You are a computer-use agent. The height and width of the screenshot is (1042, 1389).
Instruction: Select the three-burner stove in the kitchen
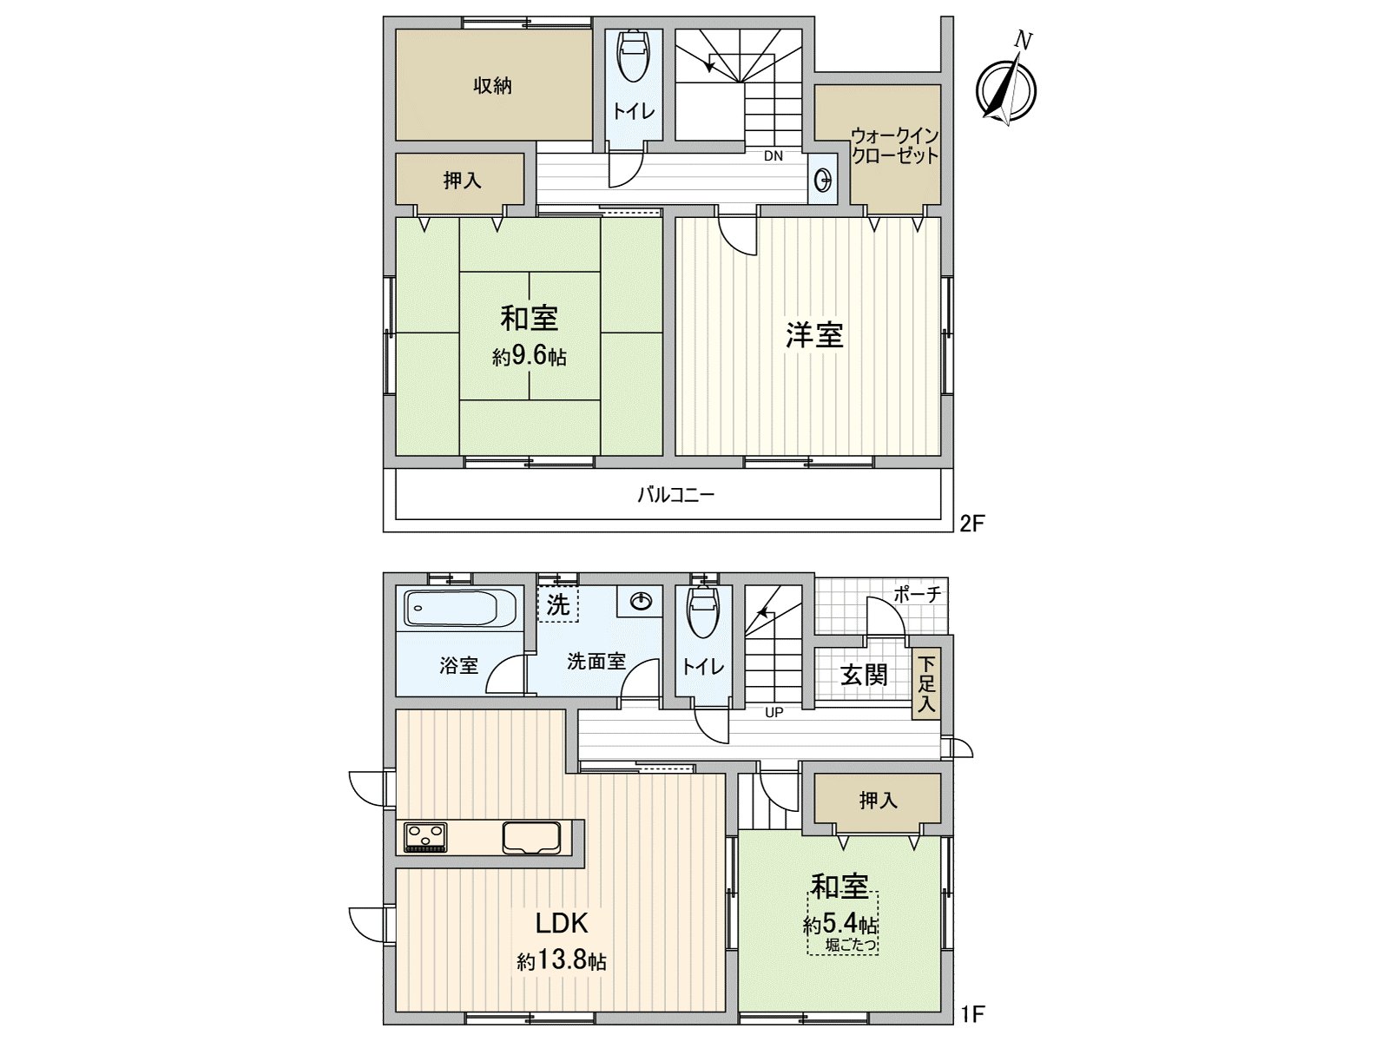pyautogui.click(x=425, y=837)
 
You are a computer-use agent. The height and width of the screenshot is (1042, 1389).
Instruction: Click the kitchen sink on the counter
pyautogui.click(x=531, y=837)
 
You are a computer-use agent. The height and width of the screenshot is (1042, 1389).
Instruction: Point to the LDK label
pyautogui.click(x=562, y=922)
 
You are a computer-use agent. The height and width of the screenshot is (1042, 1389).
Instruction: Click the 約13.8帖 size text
pyautogui.click(x=562, y=961)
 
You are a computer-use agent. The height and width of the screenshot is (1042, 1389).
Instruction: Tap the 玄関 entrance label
pyautogui.click(x=864, y=675)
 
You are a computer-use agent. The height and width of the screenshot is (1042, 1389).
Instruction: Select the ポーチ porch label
pyautogui.click(x=917, y=595)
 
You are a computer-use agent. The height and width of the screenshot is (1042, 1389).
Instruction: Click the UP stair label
pyautogui.click(x=773, y=713)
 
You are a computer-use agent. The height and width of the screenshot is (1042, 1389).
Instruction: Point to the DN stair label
pyautogui.click(x=773, y=156)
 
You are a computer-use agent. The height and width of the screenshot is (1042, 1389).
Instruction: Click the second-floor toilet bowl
pyautogui.click(x=634, y=57)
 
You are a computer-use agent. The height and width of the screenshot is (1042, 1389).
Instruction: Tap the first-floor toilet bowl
pyautogui.click(x=703, y=613)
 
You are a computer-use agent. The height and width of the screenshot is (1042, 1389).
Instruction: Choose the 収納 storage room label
pyautogui.click(x=492, y=86)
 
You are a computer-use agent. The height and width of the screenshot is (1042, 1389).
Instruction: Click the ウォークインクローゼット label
pyautogui.click(x=894, y=146)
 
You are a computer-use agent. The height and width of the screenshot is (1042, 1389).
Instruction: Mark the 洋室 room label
pyautogui.click(x=814, y=335)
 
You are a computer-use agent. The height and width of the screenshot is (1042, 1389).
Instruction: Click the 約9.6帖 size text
pyautogui.click(x=530, y=356)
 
